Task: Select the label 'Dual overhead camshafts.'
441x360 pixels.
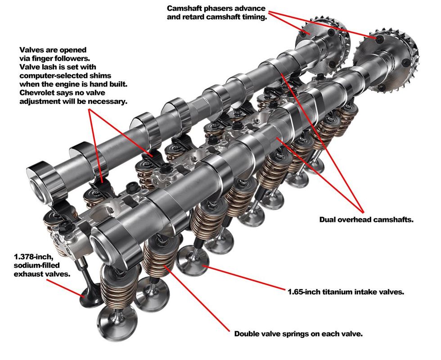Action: click(x=366, y=220)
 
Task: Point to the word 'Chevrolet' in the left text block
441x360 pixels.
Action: click(x=39, y=93)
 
